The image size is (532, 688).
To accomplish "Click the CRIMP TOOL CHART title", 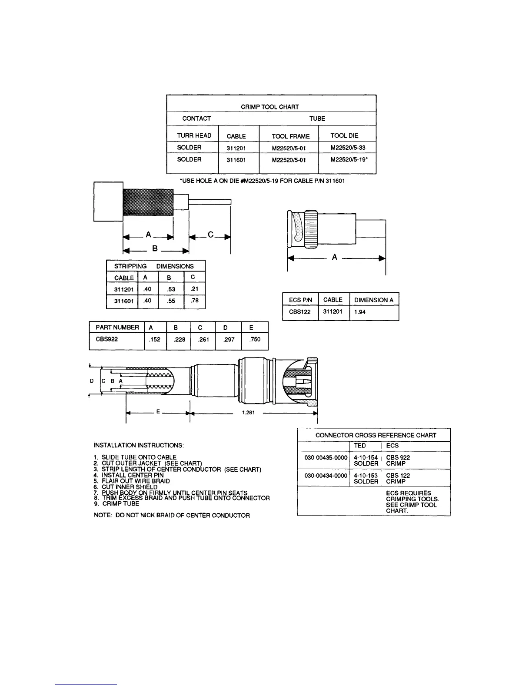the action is click(x=270, y=106).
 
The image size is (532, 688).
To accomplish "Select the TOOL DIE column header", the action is click(x=344, y=136).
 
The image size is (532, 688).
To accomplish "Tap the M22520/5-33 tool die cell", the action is click(x=348, y=148).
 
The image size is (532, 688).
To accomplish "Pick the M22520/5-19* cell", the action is click(x=349, y=159).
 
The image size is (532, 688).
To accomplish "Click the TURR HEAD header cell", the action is click(x=194, y=136).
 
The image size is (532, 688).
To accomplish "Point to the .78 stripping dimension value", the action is click(x=195, y=300).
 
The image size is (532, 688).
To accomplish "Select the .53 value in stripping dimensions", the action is click(x=171, y=289).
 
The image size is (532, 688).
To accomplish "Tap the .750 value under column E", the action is click(x=255, y=339).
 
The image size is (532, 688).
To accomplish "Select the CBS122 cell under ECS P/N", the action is click(x=299, y=312).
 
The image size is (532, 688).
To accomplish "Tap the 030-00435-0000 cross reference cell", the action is click(x=323, y=458).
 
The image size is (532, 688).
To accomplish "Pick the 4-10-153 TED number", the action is click(x=366, y=475).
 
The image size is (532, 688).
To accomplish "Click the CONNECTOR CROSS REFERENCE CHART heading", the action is click(x=376, y=435).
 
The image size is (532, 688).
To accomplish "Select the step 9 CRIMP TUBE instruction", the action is click(x=116, y=504).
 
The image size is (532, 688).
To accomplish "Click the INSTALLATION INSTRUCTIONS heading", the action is click(x=139, y=445).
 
